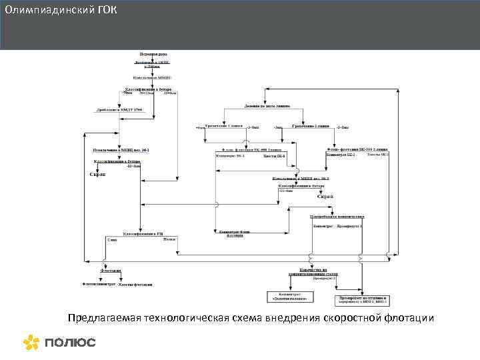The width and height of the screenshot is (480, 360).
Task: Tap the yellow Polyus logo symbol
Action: tap(31, 342)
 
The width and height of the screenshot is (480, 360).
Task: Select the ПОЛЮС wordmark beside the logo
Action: tap(70, 343)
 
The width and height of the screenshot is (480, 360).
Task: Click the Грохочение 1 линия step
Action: tap(224, 125)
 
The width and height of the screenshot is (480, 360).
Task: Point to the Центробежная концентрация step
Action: tap(337, 216)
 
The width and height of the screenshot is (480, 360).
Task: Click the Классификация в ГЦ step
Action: tap(141, 233)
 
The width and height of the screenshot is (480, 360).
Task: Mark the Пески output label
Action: tap(169, 239)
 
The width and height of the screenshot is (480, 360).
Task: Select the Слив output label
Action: tap(111, 240)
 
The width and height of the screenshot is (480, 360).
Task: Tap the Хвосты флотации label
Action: tap(136, 284)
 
